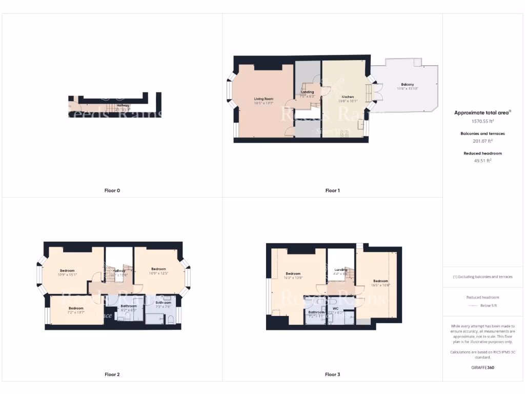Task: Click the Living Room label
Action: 264,98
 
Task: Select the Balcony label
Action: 408,84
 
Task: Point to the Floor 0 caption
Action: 112,190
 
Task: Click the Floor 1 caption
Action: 332,190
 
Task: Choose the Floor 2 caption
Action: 112,375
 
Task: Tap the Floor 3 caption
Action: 332,375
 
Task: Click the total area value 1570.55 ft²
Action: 482,122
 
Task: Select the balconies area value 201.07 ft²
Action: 482,141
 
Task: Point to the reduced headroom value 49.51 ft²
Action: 482,161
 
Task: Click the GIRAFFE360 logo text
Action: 482,367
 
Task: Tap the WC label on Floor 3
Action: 336,308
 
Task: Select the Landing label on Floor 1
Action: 307,92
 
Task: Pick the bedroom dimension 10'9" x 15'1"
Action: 67,274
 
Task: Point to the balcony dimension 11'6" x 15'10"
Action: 408,89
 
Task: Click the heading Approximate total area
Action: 482,113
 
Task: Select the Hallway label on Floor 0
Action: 123,105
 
